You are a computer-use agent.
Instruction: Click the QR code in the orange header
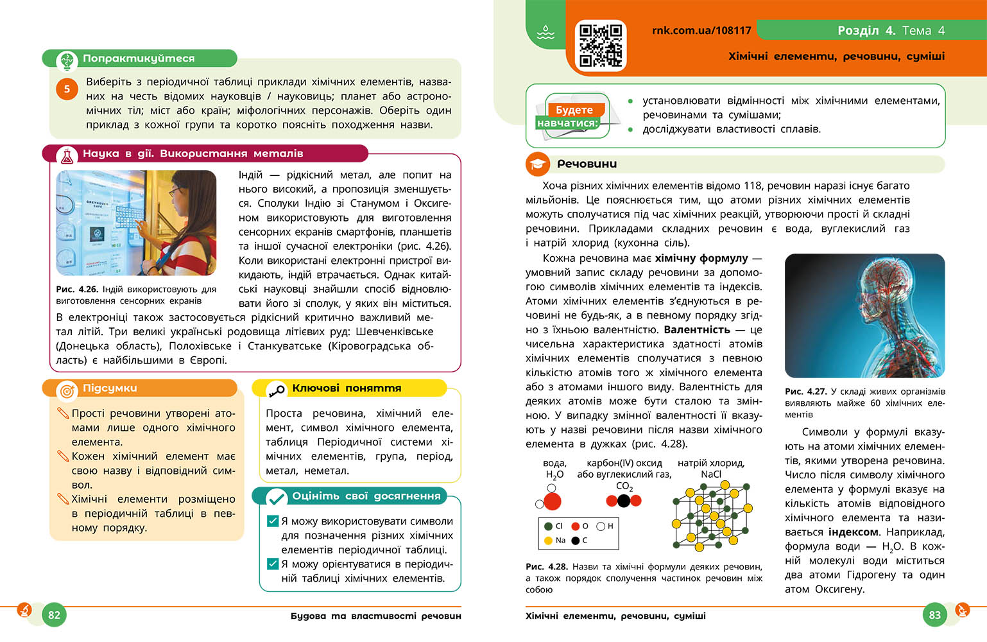tap(600, 46)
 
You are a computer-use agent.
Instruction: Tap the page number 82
tap(54, 614)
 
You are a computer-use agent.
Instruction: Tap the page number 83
tap(934, 614)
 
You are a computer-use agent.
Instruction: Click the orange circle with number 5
tap(67, 89)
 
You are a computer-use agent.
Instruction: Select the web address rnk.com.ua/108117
tap(701, 30)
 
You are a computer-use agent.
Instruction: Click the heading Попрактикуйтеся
tap(139, 58)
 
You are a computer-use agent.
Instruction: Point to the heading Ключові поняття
tap(347, 388)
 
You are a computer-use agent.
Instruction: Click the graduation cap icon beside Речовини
tap(538, 164)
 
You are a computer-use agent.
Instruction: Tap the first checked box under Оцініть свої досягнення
tap(272, 521)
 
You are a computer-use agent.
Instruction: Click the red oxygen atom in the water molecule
tap(552, 501)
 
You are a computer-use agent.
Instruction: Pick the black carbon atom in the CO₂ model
tap(624, 500)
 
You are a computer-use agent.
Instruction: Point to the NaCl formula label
tap(711, 474)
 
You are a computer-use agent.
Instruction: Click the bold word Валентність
tap(697, 329)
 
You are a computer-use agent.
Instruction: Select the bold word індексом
tap(854, 532)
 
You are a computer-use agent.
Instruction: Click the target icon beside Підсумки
tap(66, 390)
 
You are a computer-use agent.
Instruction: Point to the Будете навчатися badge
tap(573, 116)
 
